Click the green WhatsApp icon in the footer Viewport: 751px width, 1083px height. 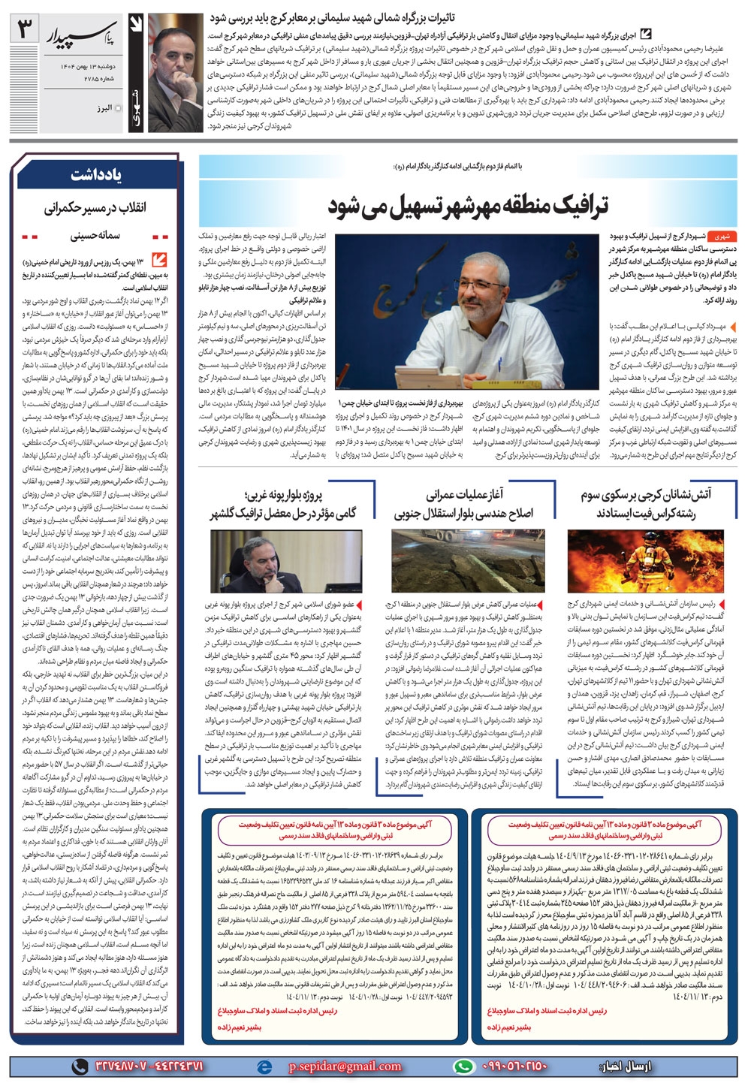click(x=466, y=1066)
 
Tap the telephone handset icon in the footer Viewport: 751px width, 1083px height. click(x=79, y=1066)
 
